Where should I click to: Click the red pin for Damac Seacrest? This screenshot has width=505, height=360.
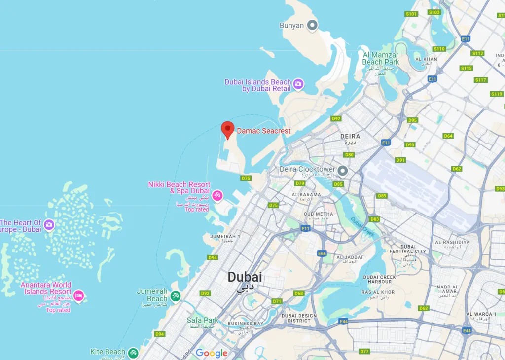[227, 129]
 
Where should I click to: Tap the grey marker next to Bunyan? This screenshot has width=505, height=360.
[312, 25]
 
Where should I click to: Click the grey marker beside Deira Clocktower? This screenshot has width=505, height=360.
[342, 171]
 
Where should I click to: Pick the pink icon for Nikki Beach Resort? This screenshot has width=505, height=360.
[216, 196]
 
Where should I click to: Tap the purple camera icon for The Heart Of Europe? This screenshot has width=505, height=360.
[49, 225]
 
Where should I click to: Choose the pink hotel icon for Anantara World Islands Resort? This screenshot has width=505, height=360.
[78, 296]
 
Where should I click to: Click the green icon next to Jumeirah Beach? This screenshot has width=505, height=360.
[176, 296]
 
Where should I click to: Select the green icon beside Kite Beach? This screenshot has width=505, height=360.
[133, 353]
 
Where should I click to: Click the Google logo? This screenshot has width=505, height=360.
[212, 353]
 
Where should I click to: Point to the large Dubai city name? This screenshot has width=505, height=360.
[245, 277]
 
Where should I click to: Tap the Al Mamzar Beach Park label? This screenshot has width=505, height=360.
[381, 59]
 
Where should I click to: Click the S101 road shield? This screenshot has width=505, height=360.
[411, 14]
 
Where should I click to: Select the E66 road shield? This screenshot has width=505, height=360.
[322, 253]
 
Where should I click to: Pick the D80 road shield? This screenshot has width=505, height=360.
[349, 155]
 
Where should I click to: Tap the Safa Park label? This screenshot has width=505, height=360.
[202, 320]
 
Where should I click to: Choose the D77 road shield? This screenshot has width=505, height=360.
[364, 351]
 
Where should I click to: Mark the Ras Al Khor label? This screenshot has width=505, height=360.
[378, 292]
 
